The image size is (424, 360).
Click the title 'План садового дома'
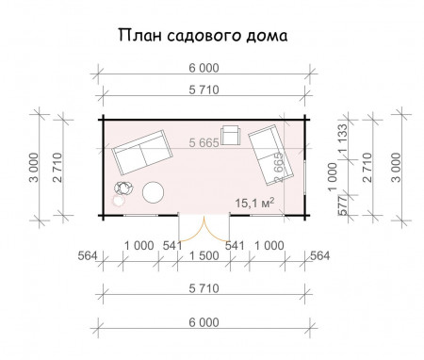pyautogui.click(x=202, y=36)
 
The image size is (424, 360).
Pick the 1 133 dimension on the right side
pyautogui.click(x=343, y=136)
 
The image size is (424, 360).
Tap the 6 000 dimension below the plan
pyautogui.click(x=204, y=323)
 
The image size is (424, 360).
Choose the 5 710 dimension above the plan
pyautogui.click(x=204, y=90)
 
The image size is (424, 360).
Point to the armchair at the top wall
pyautogui.click(x=230, y=134)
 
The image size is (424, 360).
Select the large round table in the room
pyautogui.click(x=155, y=193)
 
